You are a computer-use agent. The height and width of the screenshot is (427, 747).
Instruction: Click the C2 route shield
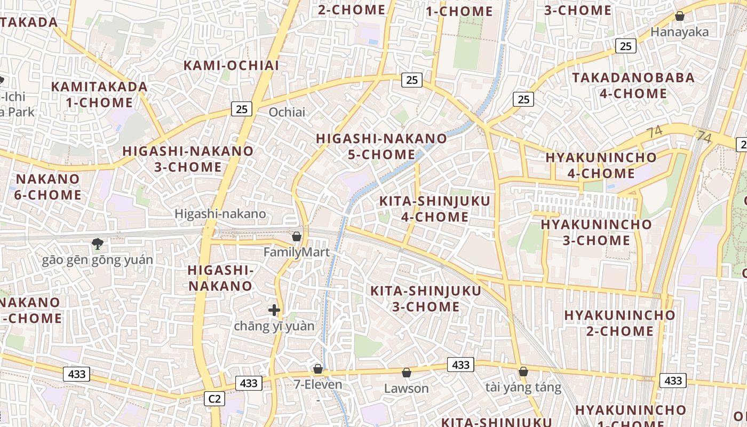coord(214,399)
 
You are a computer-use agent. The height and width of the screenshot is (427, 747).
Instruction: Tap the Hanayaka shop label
coord(679,32)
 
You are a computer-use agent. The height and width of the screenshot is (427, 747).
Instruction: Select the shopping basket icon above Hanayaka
coord(679,16)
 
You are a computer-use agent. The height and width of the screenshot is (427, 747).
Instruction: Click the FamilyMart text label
coord(297,252)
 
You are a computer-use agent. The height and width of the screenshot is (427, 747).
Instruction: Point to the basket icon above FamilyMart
coord(297,236)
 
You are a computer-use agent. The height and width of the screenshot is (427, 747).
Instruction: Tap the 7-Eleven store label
coord(318,384)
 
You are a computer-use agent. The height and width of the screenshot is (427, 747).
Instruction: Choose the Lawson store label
coord(407,388)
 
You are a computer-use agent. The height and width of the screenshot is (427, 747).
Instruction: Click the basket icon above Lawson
coord(407,372)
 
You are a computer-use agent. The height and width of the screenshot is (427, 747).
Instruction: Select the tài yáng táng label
coord(523,387)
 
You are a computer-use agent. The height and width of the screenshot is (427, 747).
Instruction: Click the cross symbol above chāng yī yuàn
coord(274,310)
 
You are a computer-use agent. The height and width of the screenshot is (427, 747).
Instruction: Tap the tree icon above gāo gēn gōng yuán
coord(97,244)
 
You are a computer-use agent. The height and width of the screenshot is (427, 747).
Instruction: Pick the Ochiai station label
coord(287,112)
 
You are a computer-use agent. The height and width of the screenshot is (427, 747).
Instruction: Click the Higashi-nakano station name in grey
coord(220,214)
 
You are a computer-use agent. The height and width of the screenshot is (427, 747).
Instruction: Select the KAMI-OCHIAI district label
coord(231,66)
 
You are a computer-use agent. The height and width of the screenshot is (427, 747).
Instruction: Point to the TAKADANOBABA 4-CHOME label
coord(633,85)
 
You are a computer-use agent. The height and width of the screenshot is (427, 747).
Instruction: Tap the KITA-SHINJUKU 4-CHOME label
coord(434,209)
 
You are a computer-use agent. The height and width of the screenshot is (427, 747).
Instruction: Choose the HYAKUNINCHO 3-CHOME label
coord(596,232)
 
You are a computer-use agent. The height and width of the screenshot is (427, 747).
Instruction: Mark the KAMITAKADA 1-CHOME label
coord(99,94)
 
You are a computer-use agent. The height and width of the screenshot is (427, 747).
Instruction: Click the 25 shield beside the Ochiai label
coord(242,109)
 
